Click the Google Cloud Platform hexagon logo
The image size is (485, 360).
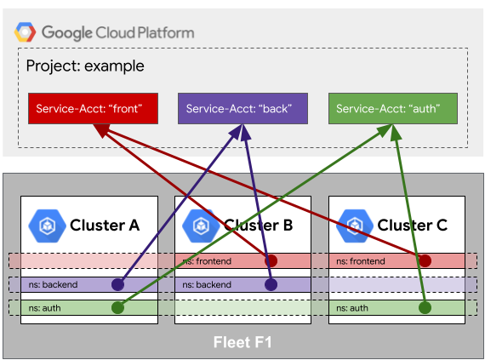pos(25,31)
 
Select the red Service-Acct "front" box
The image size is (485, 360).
pos(93,109)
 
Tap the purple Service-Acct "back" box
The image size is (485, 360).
pos(242,109)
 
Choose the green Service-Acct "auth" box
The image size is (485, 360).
pos(393,109)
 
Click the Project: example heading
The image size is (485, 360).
pos(85,66)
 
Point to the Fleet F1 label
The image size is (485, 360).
pos(242,342)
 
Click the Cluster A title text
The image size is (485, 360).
pos(105,226)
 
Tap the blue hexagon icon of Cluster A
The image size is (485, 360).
pos(47,226)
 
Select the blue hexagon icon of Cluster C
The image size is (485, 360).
pos(355,226)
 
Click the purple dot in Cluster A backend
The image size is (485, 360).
pos(118,284)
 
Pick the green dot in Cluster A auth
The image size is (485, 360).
pos(118,308)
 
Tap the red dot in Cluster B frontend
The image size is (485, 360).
pos(271,260)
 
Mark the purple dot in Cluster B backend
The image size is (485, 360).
pos(271,284)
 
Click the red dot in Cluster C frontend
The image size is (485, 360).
pos(425,260)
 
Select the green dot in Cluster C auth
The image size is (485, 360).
pos(425,308)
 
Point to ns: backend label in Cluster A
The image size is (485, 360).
pos(53,284)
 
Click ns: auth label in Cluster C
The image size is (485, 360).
pos(352,308)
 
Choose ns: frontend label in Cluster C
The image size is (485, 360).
pos(361,261)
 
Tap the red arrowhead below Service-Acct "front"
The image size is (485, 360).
pos(101,130)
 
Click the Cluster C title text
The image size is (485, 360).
pos(413,226)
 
